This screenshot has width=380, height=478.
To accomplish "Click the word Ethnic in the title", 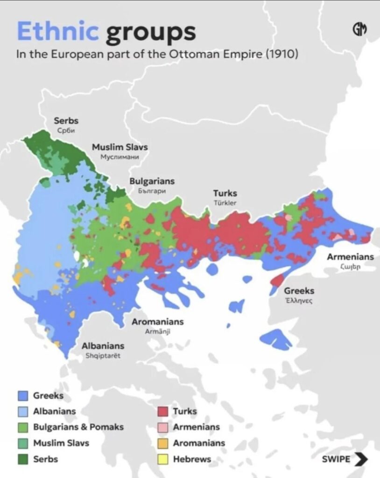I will click(58, 32).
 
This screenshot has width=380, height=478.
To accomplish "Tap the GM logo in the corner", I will click(359, 29).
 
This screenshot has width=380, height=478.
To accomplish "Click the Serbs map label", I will click(66, 121).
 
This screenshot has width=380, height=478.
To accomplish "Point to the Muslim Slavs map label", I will click(120, 147).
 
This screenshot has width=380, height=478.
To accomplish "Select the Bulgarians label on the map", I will click(152, 181).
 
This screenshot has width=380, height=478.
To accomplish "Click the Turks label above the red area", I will click(225, 193).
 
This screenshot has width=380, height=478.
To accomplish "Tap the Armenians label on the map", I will click(350, 257).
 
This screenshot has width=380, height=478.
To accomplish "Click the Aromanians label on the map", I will click(157, 322).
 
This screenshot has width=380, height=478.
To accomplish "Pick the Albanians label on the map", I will click(103, 346).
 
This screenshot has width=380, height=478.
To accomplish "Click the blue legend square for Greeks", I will click(23, 396).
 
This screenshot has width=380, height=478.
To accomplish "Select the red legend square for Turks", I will click(162, 411).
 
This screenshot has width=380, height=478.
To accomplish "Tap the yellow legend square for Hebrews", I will click(162, 459).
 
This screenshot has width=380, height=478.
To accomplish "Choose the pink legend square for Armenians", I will click(162, 427).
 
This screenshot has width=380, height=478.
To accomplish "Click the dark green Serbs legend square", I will click(23, 459).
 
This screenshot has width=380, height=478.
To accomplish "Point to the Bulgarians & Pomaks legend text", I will click(78, 427).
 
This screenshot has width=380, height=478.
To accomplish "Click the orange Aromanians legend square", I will click(162, 443).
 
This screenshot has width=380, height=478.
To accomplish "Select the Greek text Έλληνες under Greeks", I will click(299, 301).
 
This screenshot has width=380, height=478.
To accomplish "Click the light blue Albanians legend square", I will click(23, 411).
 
